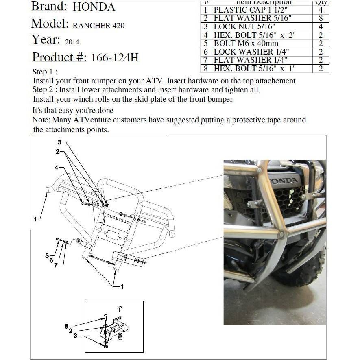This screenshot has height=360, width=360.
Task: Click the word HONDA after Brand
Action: (94, 7)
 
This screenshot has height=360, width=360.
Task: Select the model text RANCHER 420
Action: (98, 25)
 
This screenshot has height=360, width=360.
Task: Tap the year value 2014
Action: (72, 41)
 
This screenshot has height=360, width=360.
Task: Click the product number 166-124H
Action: (115, 57)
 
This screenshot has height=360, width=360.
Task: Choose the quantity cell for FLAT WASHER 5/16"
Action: (321, 18)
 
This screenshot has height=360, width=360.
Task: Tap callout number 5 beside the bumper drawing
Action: (47, 256)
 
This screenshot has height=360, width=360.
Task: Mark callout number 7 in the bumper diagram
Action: (56, 265)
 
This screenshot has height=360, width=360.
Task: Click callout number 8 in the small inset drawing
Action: (66, 325)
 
